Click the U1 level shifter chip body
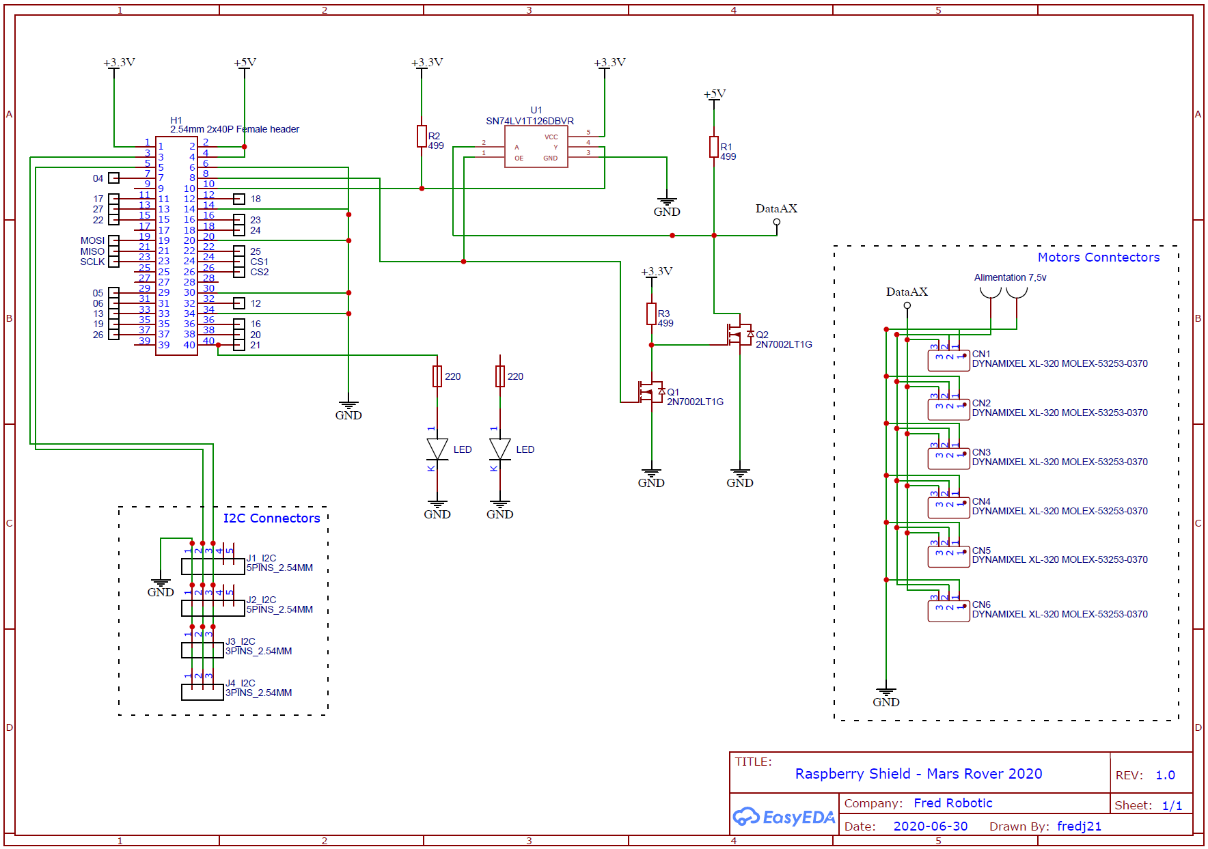pyautogui.click(x=536, y=147)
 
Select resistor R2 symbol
pyautogui.click(x=422, y=137)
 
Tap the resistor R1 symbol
pyautogui.click(x=714, y=147)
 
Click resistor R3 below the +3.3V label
pyautogui.click(x=651, y=314)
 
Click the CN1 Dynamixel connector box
pyautogui.click(x=948, y=360)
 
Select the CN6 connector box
pyautogui.click(x=948, y=611)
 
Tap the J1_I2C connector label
pyautogui.click(x=261, y=558)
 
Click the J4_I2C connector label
pyautogui.click(x=241, y=683)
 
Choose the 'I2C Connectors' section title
pyautogui.click(x=272, y=518)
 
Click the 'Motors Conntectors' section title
pyautogui.click(x=1099, y=258)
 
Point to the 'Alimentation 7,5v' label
pyautogui.click(x=1010, y=277)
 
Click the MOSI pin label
pyautogui.click(x=92, y=240)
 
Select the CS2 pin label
pyautogui.click(x=260, y=272)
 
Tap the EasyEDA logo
pyautogui.click(x=784, y=816)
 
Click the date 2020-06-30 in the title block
pyautogui.click(x=931, y=826)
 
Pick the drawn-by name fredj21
pyautogui.click(x=1080, y=826)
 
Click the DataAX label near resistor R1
pyautogui.click(x=776, y=208)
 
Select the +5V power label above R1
pyautogui.click(x=715, y=94)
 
